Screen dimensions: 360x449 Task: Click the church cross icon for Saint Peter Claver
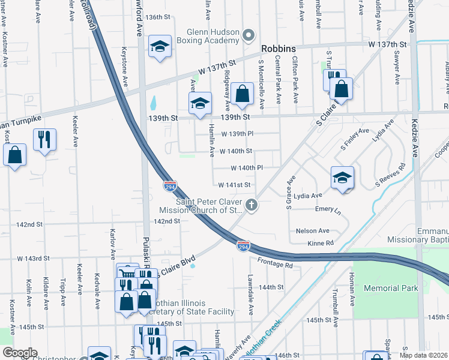pyautogui.click(x=252, y=206)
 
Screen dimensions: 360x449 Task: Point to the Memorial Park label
pyautogui.click(x=394, y=288)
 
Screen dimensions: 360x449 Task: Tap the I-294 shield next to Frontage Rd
pyautogui.click(x=243, y=246)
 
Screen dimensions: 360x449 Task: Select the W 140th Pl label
pyautogui.click(x=247, y=168)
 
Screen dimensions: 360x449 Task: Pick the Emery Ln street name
pyautogui.click(x=328, y=211)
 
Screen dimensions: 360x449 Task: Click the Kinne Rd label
pyautogui.click(x=321, y=243)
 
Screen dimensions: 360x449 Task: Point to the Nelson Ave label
pyautogui.click(x=312, y=230)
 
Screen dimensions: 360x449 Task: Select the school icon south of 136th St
pyautogui.click(x=159, y=47)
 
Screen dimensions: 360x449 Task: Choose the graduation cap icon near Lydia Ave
pyautogui.click(x=342, y=177)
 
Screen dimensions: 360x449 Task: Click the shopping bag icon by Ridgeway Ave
pyautogui.click(x=242, y=94)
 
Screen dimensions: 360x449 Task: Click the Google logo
pyautogui.click(x=19, y=353)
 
